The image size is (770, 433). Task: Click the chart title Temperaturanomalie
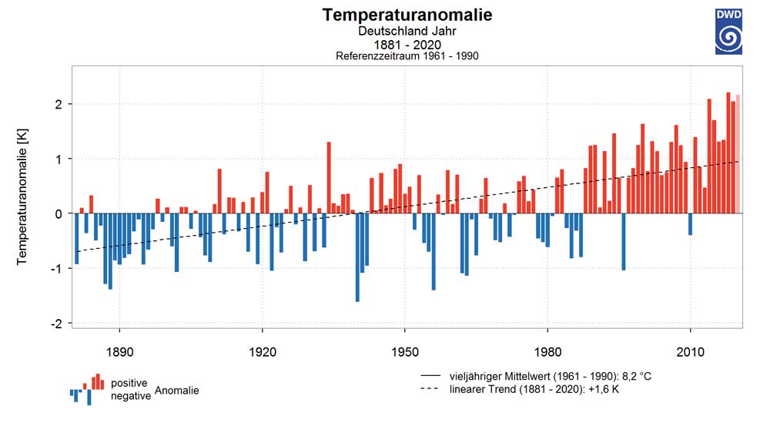click(407, 15)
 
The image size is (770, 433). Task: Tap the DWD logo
click(728, 32)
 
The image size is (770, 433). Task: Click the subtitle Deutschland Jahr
click(407, 32)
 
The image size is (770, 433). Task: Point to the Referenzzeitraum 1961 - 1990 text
click(407, 56)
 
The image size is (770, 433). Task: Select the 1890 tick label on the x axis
click(119, 352)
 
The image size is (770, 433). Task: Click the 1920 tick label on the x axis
click(262, 352)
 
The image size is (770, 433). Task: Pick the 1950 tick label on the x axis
click(404, 352)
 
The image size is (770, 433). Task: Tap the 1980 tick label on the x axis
click(547, 352)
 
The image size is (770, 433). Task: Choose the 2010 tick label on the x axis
click(690, 352)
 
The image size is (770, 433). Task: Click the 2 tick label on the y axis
click(58, 104)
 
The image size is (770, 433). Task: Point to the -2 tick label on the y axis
click(55, 324)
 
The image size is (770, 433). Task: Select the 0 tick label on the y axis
click(58, 214)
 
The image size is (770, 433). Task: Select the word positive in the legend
click(129, 383)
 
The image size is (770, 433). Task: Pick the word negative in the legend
click(130, 396)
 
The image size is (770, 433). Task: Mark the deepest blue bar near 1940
click(357, 257)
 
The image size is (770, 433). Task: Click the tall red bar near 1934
click(329, 178)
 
